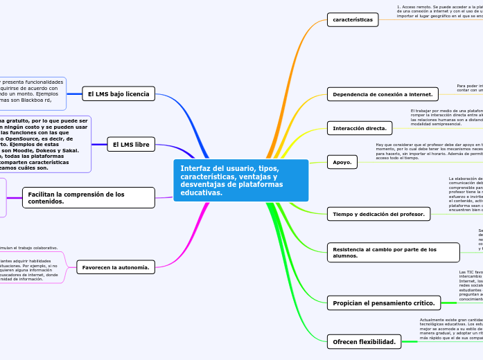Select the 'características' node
(x=353, y=19)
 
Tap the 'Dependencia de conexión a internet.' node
(x=383, y=94)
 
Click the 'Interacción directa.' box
(x=360, y=128)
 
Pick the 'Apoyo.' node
(x=342, y=163)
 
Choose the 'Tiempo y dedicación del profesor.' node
(x=378, y=214)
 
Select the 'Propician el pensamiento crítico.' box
(x=384, y=303)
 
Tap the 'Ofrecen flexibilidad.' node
(x=364, y=341)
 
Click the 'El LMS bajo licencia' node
(x=118, y=93)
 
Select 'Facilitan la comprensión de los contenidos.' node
(x=89, y=197)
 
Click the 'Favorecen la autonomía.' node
(x=116, y=267)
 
